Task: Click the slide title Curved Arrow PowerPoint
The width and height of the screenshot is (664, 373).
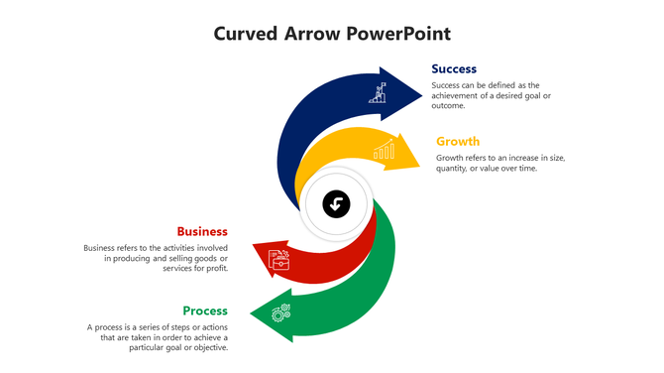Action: pyautogui.click(x=332, y=34)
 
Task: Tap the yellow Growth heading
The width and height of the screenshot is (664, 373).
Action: pyautogui.click(x=458, y=141)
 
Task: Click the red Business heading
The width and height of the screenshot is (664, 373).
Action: pyautogui.click(x=202, y=231)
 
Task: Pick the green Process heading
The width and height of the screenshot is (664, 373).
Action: pyautogui.click(x=205, y=311)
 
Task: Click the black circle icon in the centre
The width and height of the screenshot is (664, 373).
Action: pyautogui.click(x=336, y=205)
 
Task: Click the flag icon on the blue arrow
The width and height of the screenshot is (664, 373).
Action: pyautogui.click(x=378, y=94)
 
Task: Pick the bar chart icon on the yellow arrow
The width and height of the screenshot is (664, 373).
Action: pyautogui.click(x=384, y=151)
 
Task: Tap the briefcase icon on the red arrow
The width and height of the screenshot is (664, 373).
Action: pyautogui.click(x=280, y=259)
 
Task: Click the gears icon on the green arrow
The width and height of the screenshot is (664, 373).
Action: pyautogui.click(x=281, y=311)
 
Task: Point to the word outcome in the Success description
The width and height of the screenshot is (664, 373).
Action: pyautogui.click(x=448, y=105)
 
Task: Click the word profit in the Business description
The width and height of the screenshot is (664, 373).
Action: pyautogui.click(x=216, y=268)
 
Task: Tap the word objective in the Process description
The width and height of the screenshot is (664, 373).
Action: pyautogui.click(x=207, y=347)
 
